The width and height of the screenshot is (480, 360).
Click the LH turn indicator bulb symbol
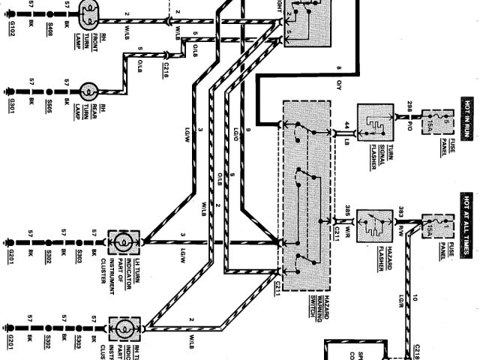point(120,242)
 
